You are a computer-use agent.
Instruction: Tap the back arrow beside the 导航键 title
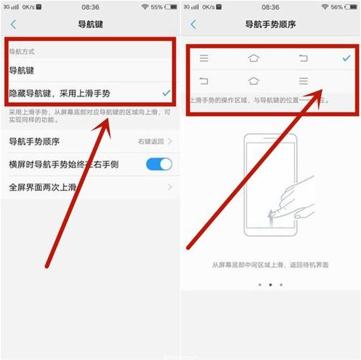(x=13, y=24)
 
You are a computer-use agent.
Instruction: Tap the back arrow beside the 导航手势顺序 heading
(x=193, y=24)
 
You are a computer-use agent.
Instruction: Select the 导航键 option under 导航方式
(x=21, y=71)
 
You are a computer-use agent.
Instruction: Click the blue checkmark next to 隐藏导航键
(x=166, y=93)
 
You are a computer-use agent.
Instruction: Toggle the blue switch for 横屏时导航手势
(x=159, y=164)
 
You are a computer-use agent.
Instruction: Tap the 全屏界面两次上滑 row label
(x=42, y=187)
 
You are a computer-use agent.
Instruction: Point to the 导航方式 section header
(x=22, y=53)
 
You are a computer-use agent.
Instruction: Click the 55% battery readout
(x=157, y=6)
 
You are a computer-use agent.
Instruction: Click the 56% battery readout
(x=337, y=6)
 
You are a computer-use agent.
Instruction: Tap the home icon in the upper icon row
(x=253, y=58)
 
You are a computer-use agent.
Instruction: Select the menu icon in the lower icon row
(x=303, y=81)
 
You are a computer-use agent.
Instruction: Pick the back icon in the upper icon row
(x=303, y=58)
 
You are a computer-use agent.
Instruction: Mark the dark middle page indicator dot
(x=270, y=285)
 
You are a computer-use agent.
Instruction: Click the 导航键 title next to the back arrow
(x=91, y=24)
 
